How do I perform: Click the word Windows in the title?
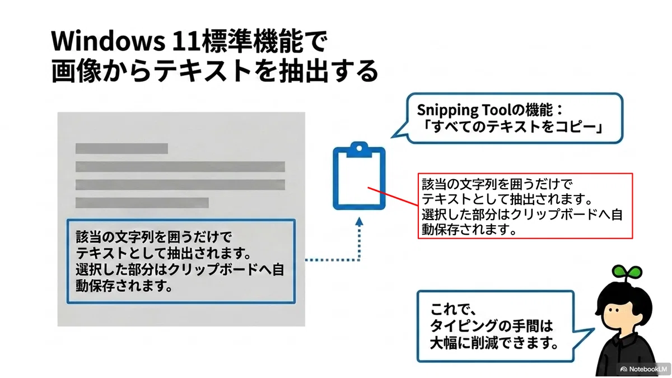coord(108,40)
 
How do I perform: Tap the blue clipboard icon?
coord(359,176)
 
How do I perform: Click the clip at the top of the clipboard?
coord(359,150)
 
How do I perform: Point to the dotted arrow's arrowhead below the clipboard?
coord(359,222)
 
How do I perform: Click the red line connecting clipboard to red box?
coord(393,197)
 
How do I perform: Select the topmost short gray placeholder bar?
coord(122,148)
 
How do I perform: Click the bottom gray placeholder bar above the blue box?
coord(142,203)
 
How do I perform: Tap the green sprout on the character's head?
coord(627,272)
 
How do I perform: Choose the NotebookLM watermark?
coord(644,369)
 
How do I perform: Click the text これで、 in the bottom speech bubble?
coord(453,309)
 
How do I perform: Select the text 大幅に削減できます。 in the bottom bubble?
coord(494,343)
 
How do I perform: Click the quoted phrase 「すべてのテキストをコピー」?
coord(514,127)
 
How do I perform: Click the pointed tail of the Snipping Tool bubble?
coord(393,137)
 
